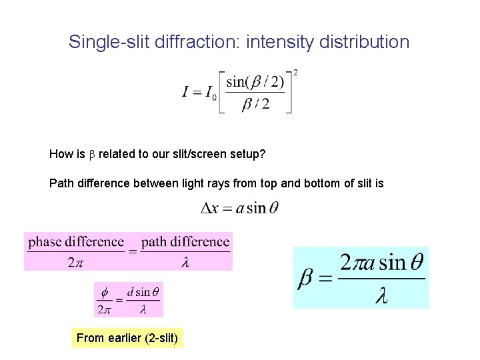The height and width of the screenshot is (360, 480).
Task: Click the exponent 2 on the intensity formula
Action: (295, 72)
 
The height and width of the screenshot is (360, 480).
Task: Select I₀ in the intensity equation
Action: (209, 93)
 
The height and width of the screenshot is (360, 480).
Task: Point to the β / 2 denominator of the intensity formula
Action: (255, 104)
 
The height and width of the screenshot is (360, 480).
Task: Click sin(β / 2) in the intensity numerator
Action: (255, 83)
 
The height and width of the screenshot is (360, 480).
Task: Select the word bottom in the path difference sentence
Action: (326, 183)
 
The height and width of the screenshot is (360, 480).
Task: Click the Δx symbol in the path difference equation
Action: (209, 208)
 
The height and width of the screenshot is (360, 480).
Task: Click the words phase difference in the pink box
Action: (76, 242)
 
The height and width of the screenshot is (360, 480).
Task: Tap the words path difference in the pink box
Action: (185, 242)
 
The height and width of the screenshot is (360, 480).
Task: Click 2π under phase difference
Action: (75, 262)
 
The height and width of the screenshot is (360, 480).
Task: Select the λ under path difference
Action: (185, 262)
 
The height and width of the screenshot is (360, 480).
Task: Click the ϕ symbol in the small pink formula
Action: (104, 292)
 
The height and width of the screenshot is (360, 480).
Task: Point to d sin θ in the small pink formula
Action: (143, 292)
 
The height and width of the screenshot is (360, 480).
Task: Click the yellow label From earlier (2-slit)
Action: (127, 338)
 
